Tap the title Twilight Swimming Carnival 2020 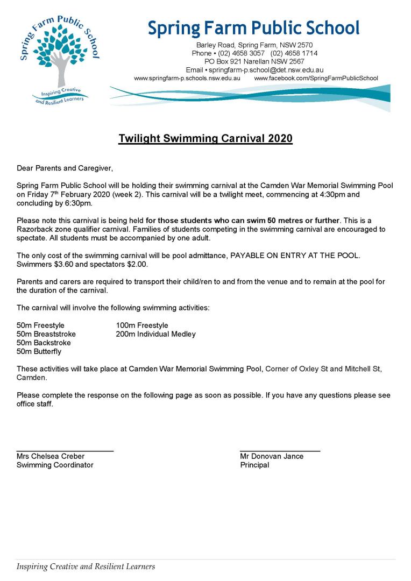click(x=205, y=139)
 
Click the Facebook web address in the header click(x=316, y=78)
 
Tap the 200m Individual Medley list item click(x=155, y=334)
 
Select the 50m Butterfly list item click(x=39, y=351)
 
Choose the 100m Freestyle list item click(x=142, y=325)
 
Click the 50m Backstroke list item click(x=44, y=343)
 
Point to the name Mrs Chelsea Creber click(x=51, y=456)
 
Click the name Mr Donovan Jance click(x=272, y=456)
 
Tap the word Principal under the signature click(x=254, y=465)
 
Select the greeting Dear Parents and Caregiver click(x=65, y=168)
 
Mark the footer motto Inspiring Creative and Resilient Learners click(x=86, y=566)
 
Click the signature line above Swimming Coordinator click(x=65, y=450)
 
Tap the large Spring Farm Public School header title click(x=254, y=28)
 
